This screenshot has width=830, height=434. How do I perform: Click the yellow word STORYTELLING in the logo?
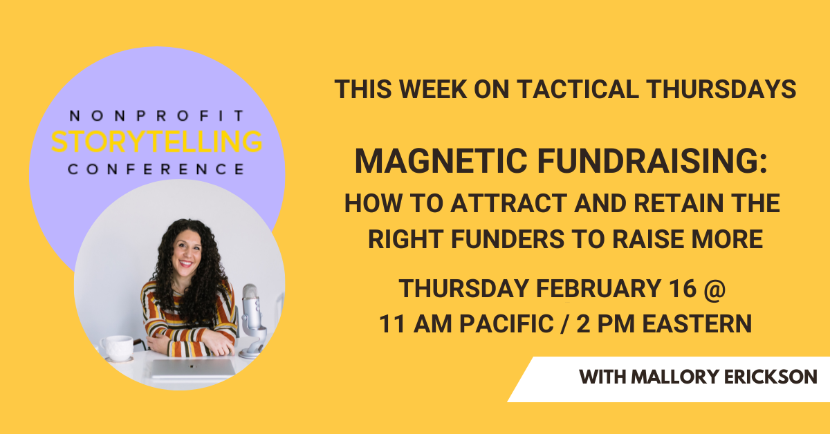pyautogui.click(x=157, y=142)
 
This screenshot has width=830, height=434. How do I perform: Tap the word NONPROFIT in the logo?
pyautogui.click(x=157, y=116)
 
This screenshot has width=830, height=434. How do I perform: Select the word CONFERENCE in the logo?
pyautogui.click(x=156, y=169)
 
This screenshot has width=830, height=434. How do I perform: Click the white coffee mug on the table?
pyautogui.click(x=117, y=348)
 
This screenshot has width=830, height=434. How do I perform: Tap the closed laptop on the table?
pyautogui.click(x=193, y=368)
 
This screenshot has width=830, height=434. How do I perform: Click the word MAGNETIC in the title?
pyautogui.click(x=441, y=161)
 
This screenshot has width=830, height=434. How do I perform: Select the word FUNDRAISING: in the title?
pyautogui.click(x=652, y=161)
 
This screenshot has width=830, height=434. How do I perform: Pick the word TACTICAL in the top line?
pyautogui.click(x=578, y=89)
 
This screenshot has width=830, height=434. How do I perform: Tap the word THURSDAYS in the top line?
pyautogui.click(x=721, y=89)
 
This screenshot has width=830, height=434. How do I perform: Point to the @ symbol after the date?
pyautogui.click(x=715, y=290)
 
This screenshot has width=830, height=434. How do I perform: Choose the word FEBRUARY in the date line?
pyautogui.click(x=598, y=288)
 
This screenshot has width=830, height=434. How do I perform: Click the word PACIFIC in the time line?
pyautogui.click(x=506, y=324)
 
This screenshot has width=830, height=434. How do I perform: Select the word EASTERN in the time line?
pyautogui.click(x=697, y=324)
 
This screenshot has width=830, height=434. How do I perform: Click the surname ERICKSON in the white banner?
pyautogui.click(x=771, y=377)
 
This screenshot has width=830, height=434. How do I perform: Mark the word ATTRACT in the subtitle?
pyautogui.click(x=509, y=203)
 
